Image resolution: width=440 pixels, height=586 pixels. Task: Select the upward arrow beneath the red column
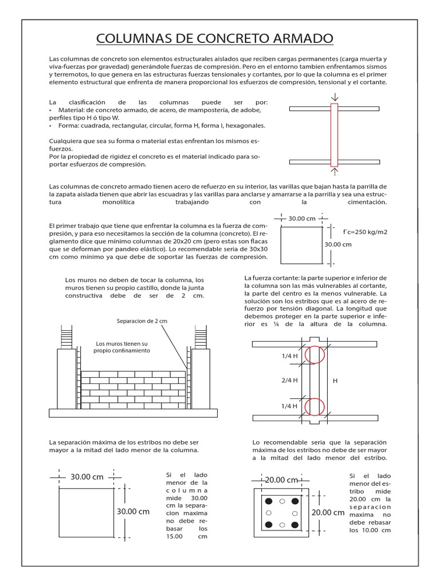pos(335,169)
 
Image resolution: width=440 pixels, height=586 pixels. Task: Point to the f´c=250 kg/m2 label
pos(365,232)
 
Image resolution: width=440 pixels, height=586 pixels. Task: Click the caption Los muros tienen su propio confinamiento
pos(123,347)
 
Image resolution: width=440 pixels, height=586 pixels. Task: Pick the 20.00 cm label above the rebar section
pos(281,480)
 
